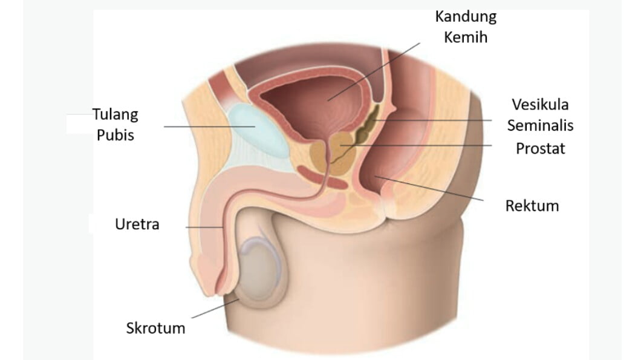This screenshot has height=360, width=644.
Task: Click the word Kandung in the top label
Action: [x=466, y=17]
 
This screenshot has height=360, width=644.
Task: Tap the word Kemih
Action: [x=466, y=38]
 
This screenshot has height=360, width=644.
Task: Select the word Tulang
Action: [x=115, y=115]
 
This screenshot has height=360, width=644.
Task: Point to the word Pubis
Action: [x=115, y=135]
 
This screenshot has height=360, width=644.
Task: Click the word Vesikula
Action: [x=540, y=105]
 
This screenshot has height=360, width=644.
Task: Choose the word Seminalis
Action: [x=540, y=125]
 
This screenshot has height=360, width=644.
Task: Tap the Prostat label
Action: [x=540, y=148]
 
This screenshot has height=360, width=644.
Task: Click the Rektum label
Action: [x=532, y=206]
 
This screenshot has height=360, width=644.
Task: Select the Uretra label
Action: [x=137, y=224]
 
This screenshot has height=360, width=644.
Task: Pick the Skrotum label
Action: [x=155, y=329]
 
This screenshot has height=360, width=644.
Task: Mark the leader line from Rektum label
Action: [x=429, y=189]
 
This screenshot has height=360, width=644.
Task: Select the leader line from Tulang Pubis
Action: [x=209, y=126]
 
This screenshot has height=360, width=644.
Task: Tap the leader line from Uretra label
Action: [x=204, y=227]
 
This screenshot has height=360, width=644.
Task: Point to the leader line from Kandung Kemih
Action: [x=374, y=71]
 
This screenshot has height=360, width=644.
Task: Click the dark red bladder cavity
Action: [x=312, y=103]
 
